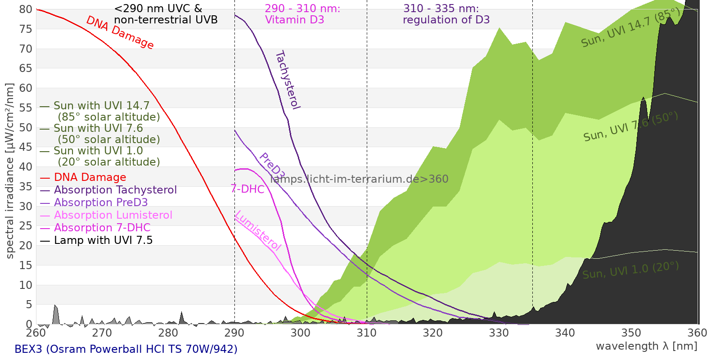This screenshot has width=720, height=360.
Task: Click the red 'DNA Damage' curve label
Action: [x=120, y=32]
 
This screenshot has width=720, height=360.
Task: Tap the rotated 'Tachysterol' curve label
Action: [x=288, y=80]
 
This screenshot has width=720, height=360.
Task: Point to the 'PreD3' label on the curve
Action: [x=272, y=166]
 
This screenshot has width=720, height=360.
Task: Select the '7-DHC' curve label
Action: [x=247, y=189]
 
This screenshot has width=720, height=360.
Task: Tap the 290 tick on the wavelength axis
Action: [x=234, y=333]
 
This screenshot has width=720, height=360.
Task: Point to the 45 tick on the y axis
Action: [x=26, y=147]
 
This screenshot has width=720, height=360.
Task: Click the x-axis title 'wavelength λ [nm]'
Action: [x=646, y=346]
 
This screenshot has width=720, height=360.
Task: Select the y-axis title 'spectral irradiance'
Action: [x=10, y=171]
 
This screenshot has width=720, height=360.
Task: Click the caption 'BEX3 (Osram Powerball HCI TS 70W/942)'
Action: [x=126, y=349]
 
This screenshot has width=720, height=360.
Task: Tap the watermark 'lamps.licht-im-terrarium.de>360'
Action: [x=359, y=179]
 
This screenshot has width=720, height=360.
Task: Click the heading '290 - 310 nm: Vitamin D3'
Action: [x=302, y=14]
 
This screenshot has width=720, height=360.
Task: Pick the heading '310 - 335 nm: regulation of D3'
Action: [x=445, y=14]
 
